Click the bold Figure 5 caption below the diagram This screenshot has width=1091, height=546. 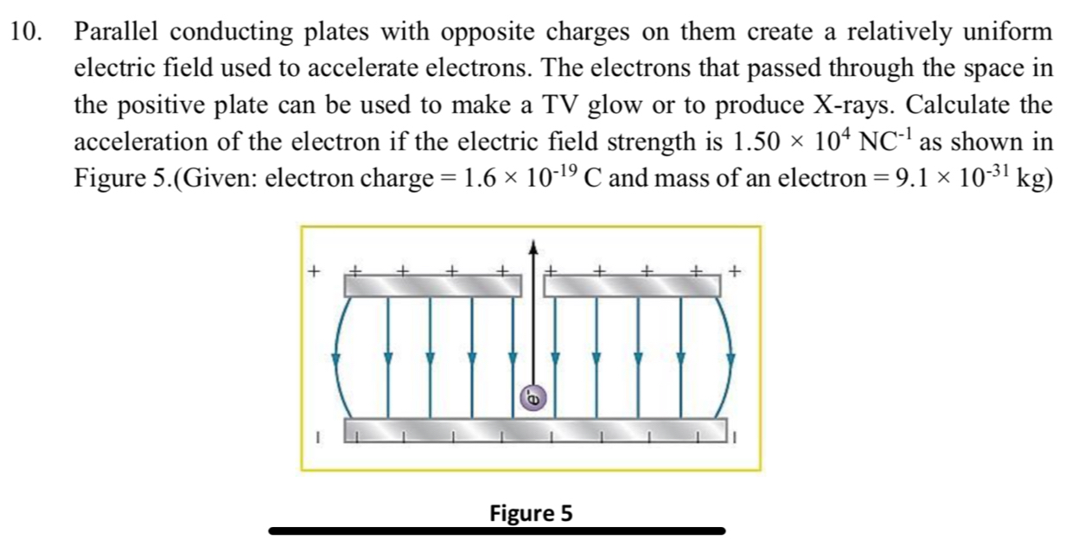coord(531,513)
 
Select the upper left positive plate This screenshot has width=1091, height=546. coord(432,285)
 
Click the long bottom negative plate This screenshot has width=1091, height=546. coord(533,429)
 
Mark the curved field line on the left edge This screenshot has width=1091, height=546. coord(339,359)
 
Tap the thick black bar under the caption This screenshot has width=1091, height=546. coord(497,530)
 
